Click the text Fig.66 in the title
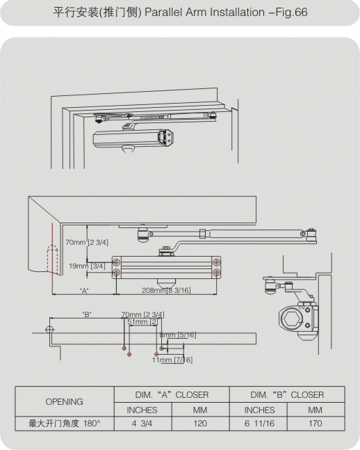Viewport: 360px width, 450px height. coord(291,13)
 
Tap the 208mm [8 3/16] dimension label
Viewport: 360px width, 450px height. coord(166,290)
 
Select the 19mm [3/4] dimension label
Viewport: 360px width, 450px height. coord(87,266)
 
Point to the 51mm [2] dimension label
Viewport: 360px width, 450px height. coord(142,322)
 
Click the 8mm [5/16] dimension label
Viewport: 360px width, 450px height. coord(178,335)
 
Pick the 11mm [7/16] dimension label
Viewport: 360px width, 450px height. coord(172,360)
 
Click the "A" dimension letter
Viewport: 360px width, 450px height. coord(84,291)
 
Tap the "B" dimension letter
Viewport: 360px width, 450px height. coord(87,314)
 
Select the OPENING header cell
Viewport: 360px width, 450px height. coord(64,401)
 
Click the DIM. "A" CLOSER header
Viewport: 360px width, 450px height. coord(172,394)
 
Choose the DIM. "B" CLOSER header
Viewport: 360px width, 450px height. coord(287,394)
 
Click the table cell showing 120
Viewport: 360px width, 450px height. coord(200,424)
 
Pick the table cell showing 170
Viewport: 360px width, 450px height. coord(316,424)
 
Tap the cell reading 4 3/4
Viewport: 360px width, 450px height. coord(142,424)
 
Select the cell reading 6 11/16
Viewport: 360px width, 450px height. coord(259,424)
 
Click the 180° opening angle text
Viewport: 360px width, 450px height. coord(92,424)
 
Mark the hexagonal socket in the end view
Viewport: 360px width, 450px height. coord(292,319)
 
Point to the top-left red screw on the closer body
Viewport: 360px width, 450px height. coord(117,262)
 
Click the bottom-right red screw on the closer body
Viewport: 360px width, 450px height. coord(216,272)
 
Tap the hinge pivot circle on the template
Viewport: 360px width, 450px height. coord(49,329)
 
